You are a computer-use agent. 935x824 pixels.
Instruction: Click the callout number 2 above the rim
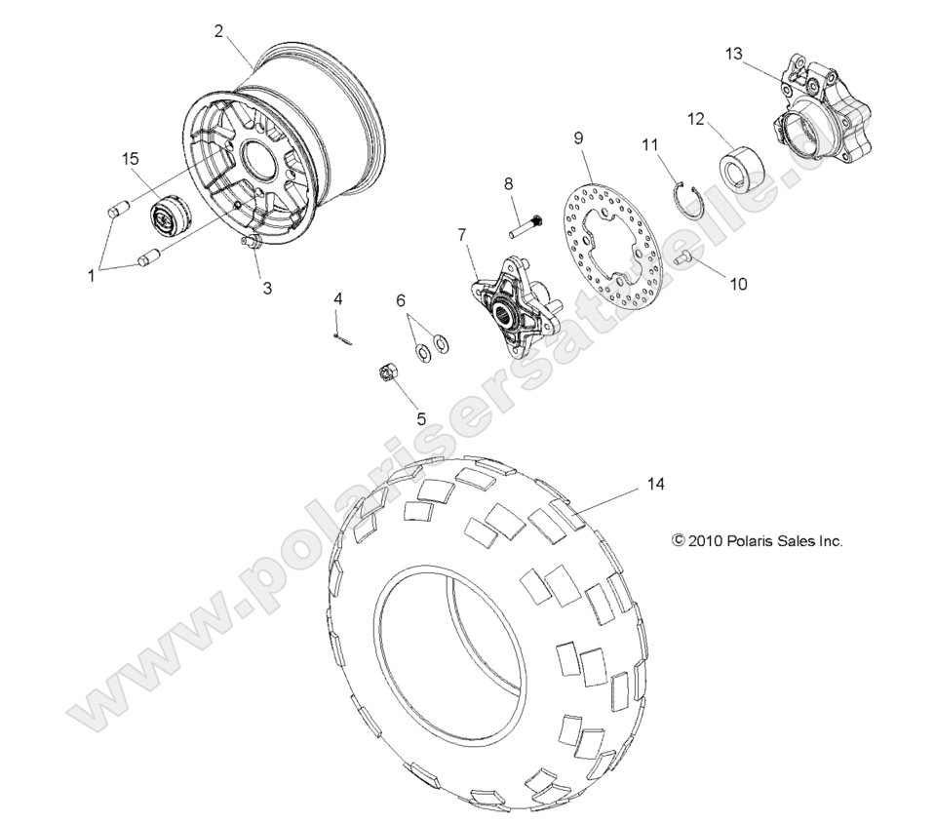[219, 30]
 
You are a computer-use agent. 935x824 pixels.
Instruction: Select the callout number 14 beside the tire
[654, 484]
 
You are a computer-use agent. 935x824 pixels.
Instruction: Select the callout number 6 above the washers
[401, 302]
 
